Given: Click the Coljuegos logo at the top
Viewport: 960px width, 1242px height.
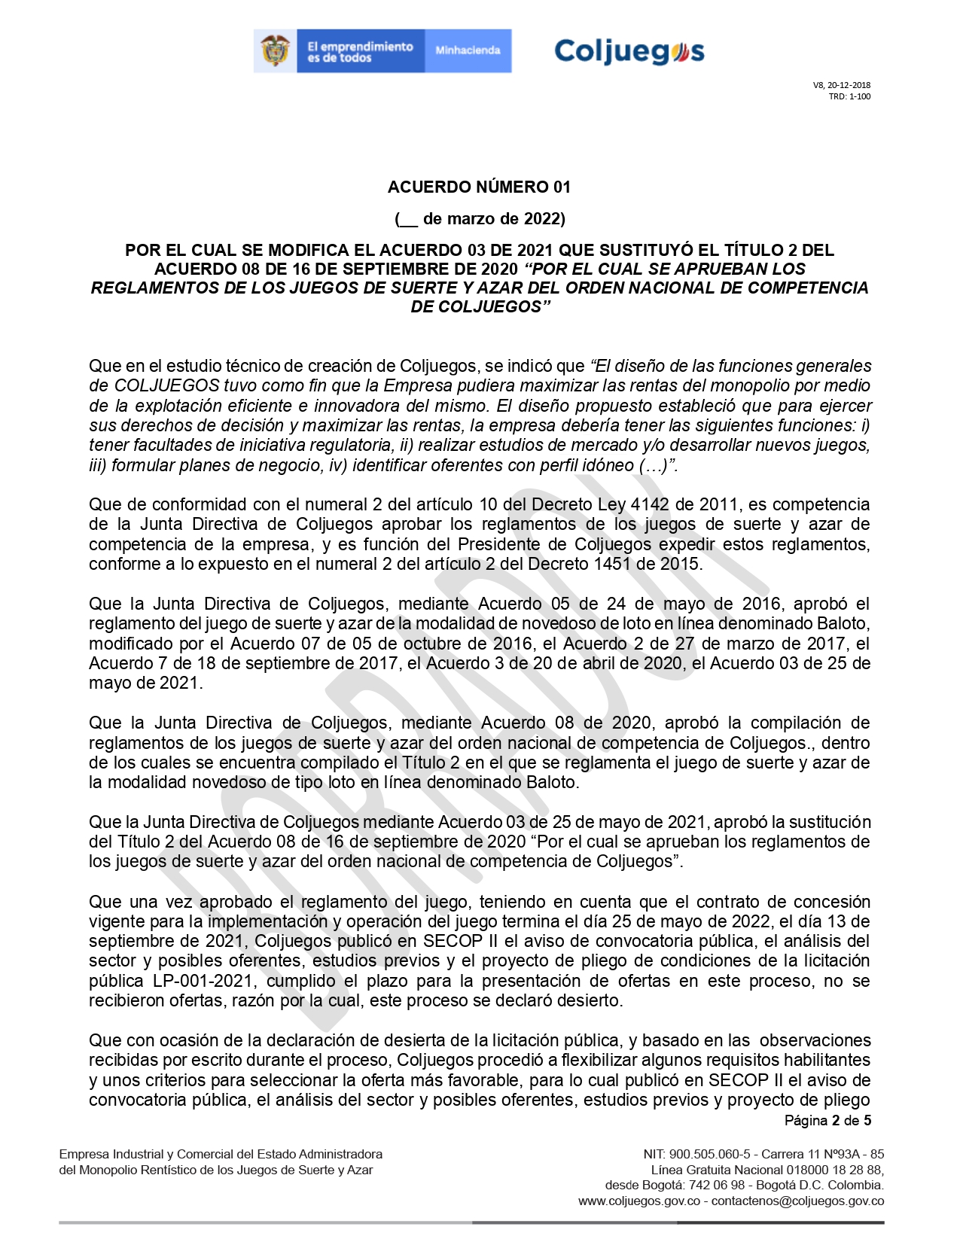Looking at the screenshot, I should coord(629,51).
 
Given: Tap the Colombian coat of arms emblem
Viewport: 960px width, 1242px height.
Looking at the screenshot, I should coord(276,51).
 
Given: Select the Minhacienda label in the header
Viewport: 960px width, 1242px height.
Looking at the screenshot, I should coord(468,50).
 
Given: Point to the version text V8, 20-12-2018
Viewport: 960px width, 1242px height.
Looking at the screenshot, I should coord(842,85).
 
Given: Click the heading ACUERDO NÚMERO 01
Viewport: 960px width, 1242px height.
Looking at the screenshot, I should coord(479,187).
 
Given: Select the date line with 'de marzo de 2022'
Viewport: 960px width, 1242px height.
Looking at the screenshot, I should coord(480,219).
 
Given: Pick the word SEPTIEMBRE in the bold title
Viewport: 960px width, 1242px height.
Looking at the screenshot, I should coord(345,269).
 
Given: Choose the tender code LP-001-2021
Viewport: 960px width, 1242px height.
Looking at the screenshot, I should coord(202,981).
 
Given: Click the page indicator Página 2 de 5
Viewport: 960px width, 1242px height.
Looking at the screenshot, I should coord(827,1121).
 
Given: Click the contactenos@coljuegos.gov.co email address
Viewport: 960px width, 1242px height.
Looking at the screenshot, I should coord(797,1201).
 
